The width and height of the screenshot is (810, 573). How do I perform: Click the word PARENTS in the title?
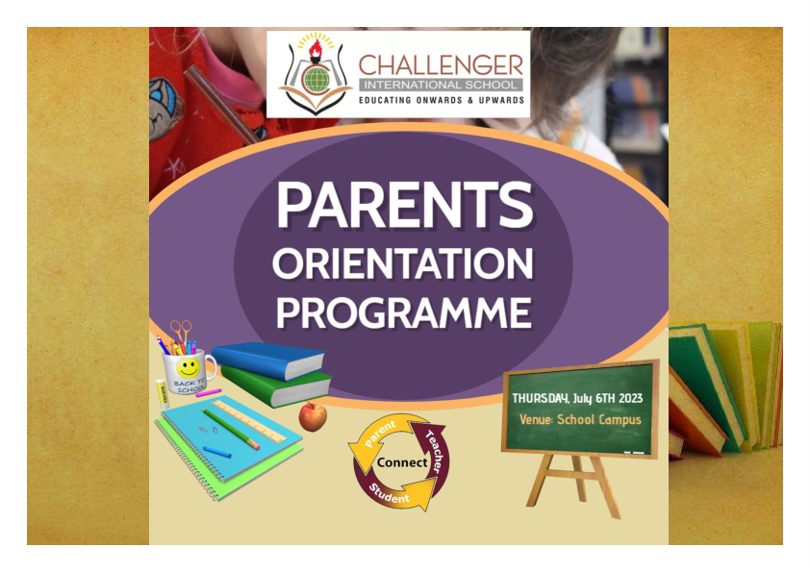pos(405,205)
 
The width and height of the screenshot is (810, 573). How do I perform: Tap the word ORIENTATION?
pos(403,263)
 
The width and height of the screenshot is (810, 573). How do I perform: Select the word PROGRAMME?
pos(404,312)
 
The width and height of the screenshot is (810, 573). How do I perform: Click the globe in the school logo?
pos(316,80)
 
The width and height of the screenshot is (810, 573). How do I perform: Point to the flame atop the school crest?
pos(316,49)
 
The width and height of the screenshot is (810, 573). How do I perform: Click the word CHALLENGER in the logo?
pos(441,65)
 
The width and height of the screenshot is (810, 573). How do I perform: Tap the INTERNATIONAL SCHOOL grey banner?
pos(441,85)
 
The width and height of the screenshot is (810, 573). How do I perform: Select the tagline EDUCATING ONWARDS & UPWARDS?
pos(442,100)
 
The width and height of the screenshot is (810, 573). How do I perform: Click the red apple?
pos(313,416)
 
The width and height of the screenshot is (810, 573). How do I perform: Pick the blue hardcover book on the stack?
pos(268,360)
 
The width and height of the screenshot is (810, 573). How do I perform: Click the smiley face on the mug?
pos(188,368)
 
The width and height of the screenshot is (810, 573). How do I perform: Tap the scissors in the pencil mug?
pos(181,333)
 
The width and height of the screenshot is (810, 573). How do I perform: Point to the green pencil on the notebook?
pos(231,429)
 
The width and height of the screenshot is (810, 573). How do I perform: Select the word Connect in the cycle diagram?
pos(402,462)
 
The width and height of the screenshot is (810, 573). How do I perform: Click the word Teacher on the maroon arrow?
pos(435,451)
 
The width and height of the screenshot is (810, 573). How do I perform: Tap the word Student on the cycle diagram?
pos(389,494)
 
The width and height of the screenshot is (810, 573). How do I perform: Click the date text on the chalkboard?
pos(577,399)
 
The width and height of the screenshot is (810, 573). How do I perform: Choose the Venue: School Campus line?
pos(580,420)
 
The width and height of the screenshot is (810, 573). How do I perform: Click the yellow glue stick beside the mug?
pos(162,394)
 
